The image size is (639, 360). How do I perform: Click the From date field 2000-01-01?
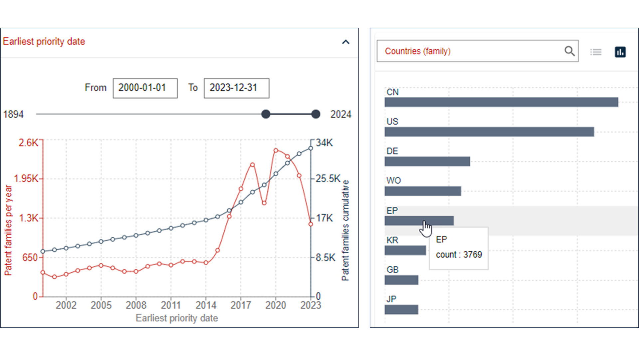tap(145, 88)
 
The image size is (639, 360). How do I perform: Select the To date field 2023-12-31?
tap(236, 88)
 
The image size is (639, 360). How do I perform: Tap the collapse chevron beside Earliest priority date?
tap(346, 42)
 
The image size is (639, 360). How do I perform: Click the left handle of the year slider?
tap(266, 114)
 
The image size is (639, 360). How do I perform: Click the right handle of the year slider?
tap(316, 114)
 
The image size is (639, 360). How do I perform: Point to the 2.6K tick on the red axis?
tap(28, 143)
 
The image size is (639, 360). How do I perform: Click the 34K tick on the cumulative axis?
tap(324, 143)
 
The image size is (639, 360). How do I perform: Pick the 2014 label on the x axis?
tap(206, 305)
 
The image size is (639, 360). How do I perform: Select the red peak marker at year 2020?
tap(276, 151)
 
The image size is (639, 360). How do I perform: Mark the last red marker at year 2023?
tap(311, 224)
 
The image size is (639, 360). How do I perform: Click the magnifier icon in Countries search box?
tap(569, 51)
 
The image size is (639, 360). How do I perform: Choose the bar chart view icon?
tap(620, 52)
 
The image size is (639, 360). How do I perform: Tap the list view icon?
tap(596, 52)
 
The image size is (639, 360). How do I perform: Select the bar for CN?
tap(501, 102)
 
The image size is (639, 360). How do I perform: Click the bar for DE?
tap(427, 162)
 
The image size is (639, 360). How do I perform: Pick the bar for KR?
tap(405, 250)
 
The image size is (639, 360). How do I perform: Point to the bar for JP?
tap(401, 309)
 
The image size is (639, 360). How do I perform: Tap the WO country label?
tap(393, 180)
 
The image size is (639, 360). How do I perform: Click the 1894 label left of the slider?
tap(13, 114)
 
